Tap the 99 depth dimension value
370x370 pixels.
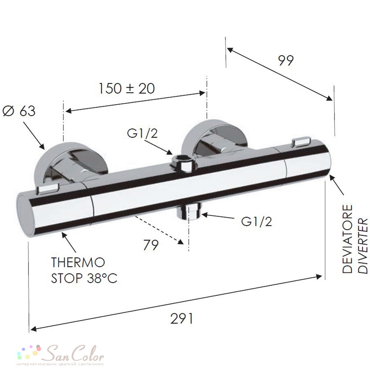pos(286,60)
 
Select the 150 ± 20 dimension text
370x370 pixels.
pos(126,88)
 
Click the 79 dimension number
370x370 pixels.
pos(151,245)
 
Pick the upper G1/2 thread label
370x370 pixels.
pos(142,134)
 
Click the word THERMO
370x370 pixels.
pos(78,262)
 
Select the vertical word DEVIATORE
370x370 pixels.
pos(347,239)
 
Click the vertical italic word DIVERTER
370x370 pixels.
pos(363,246)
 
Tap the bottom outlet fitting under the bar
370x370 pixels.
pos(189,211)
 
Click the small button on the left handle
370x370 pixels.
pos(47,189)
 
